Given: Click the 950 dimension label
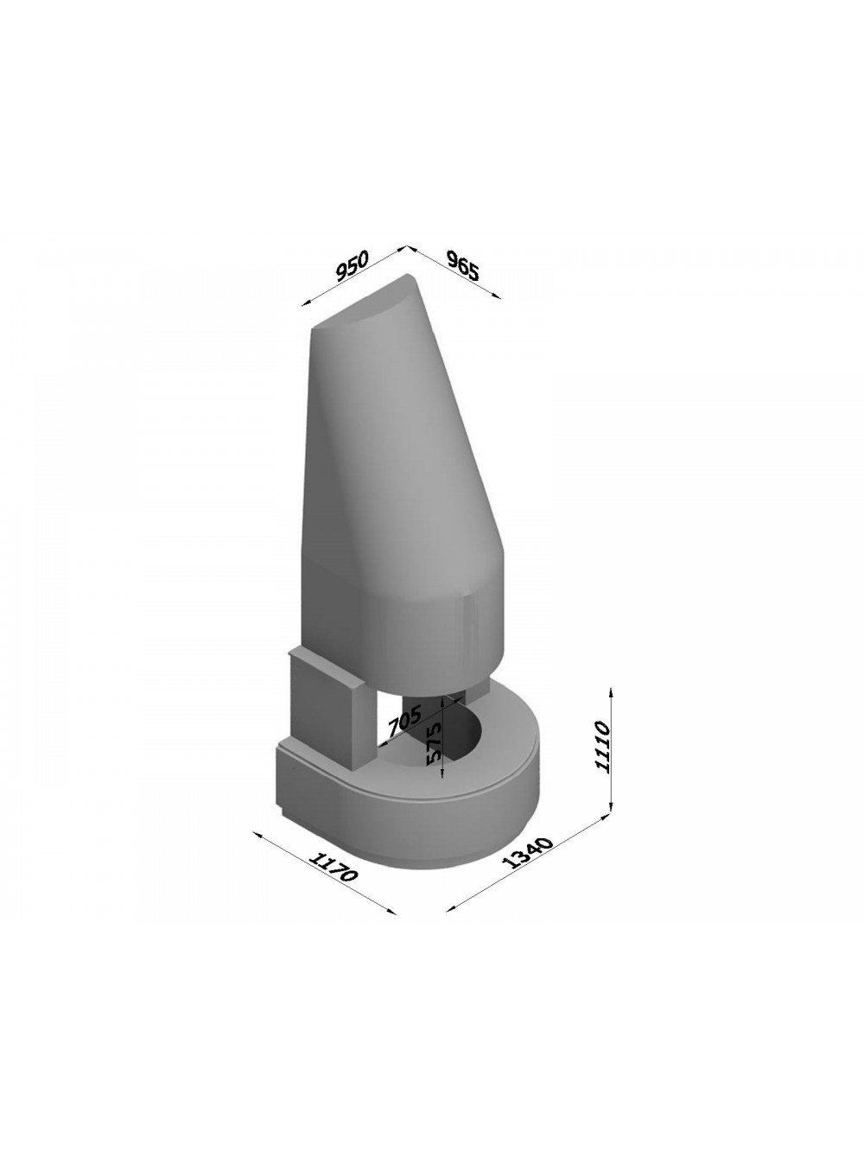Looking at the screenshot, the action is click(352, 266).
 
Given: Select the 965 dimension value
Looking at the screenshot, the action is click(463, 264).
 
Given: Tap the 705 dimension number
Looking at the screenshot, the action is click(404, 721).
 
